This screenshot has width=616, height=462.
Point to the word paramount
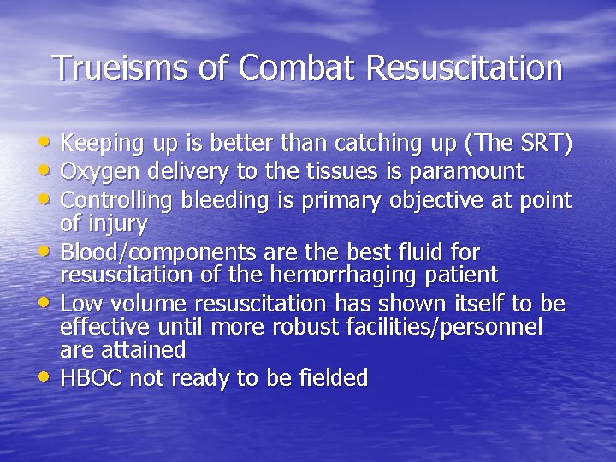[468, 171]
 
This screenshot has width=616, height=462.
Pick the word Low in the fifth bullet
[82, 304]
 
